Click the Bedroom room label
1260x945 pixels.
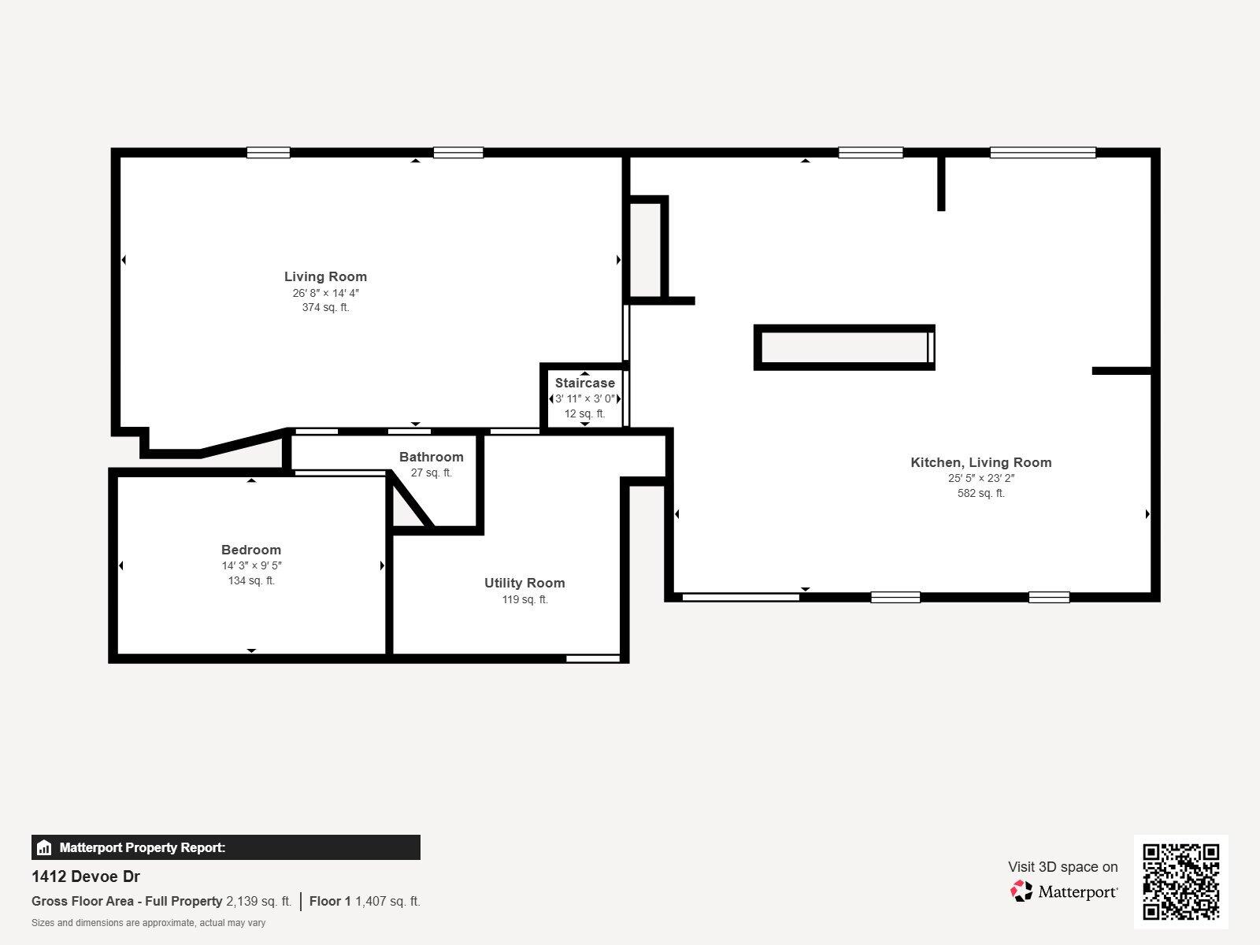(x=251, y=550)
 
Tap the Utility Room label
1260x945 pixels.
(x=524, y=583)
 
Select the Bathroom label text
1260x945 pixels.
(x=431, y=457)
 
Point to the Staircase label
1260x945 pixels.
(x=584, y=384)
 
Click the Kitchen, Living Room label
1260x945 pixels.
(x=980, y=462)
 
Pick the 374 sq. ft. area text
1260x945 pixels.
(x=325, y=308)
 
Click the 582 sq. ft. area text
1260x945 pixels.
(x=980, y=494)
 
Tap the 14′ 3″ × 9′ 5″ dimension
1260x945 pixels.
(x=251, y=565)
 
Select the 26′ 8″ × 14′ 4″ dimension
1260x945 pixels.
(x=325, y=293)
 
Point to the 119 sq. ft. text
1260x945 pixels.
(x=524, y=599)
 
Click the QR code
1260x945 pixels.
(x=1180, y=881)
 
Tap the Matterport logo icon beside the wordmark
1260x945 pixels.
(x=1021, y=891)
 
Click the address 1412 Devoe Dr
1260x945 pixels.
(x=86, y=876)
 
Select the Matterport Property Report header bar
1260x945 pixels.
(x=225, y=847)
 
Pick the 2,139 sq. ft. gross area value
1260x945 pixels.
(x=258, y=901)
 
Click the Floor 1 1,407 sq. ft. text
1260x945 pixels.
(x=365, y=901)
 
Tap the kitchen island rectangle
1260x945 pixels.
(x=843, y=347)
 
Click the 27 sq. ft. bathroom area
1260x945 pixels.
(x=431, y=473)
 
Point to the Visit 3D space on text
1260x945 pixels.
(x=1062, y=867)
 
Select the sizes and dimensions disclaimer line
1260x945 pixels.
(x=148, y=923)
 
